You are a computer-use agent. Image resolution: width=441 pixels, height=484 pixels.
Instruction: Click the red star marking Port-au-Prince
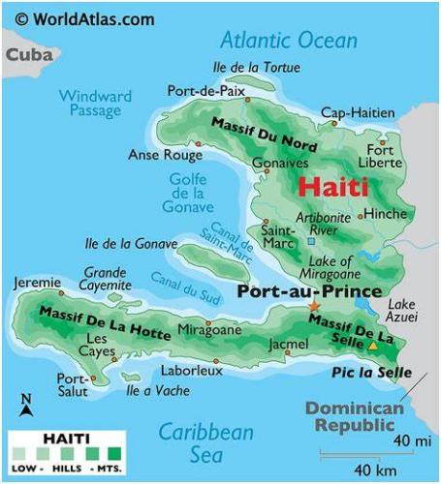(x=313, y=307)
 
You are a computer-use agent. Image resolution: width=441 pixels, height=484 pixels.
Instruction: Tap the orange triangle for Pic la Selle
(x=373, y=346)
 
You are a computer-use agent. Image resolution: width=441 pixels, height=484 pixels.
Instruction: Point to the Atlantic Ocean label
(x=288, y=41)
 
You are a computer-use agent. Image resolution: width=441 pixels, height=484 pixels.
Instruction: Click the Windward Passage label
(x=94, y=103)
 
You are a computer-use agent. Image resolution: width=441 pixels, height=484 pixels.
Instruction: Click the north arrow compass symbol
(x=26, y=405)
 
